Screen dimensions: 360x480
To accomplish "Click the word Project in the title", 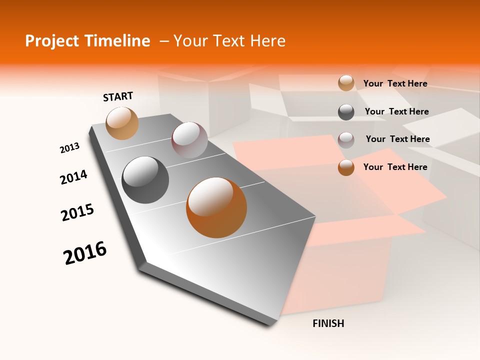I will pos(51,41).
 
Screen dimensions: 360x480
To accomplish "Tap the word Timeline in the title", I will pos(116,41).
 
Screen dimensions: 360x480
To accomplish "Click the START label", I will pos(118,96).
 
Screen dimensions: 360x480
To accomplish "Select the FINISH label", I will pos(328,323).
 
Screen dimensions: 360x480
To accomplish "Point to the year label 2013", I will pos(69,148).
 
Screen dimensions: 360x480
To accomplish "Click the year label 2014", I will pos(73,177).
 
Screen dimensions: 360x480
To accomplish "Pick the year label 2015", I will pos(77,212).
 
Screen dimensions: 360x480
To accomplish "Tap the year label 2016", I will pos(85,253).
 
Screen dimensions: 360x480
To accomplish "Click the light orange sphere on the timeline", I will pos(122,123).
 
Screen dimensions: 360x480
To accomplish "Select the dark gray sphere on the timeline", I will pos(145,180).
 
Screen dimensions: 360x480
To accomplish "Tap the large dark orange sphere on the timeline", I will pos(216,207).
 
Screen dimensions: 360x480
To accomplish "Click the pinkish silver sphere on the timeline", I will pos(189,139).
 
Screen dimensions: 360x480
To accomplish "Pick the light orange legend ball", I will pos(346,83).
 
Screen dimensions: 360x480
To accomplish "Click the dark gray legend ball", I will pos(346,112).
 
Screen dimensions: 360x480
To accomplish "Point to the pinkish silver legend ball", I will pos(346,140).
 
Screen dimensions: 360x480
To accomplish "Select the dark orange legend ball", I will pos(346,167).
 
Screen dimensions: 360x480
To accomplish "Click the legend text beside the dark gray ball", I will pos(396,111).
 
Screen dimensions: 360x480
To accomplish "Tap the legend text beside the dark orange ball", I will pos(395,167).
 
